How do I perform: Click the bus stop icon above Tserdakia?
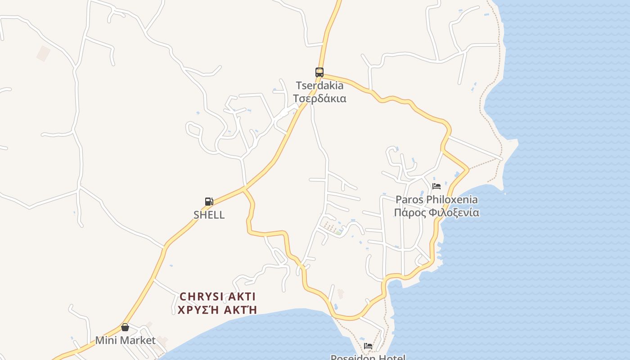tap(319, 72)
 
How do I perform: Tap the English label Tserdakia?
tap(319, 85)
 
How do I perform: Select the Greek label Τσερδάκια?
tap(319, 99)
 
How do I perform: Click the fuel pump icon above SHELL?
tap(209, 201)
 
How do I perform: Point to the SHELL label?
tap(209, 215)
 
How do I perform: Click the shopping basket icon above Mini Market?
tap(125, 327)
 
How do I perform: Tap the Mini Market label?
tap(125, 340)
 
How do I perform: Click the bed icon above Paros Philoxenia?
tap(436, 186)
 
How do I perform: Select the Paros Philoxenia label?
tap(436, 199)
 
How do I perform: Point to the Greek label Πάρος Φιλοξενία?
tap(436, 212)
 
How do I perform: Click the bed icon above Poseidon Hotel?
tap(368, 346)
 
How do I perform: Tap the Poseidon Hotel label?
tap(368, 357)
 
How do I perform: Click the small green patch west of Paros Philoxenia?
tap(338, 232)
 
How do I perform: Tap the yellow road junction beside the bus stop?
tap(321, 75)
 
